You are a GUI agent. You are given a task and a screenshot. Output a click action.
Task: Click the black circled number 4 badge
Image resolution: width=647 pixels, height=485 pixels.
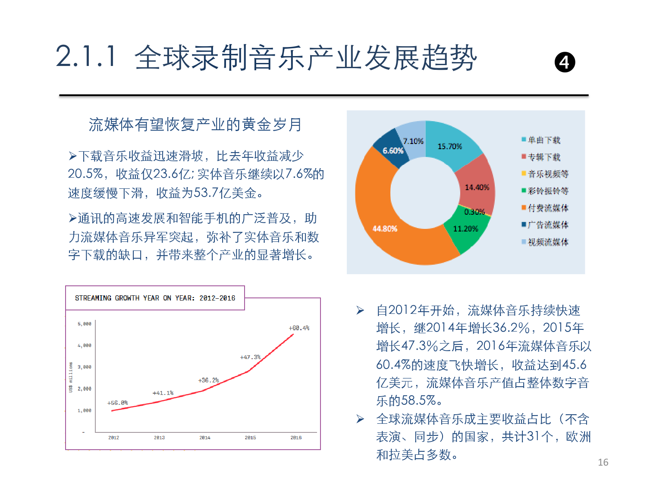point(565,63)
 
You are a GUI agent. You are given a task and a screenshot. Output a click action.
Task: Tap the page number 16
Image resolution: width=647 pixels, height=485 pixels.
point(603,463)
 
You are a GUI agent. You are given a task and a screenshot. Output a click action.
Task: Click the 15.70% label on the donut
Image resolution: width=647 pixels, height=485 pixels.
point(449,147)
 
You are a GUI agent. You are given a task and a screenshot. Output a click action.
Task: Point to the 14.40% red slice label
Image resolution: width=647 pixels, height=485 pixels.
point(477,187)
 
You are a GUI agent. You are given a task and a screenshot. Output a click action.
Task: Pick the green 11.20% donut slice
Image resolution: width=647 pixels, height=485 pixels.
point(465,229)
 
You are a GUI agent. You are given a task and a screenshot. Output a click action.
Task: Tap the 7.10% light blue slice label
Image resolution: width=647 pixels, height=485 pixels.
point(413,141)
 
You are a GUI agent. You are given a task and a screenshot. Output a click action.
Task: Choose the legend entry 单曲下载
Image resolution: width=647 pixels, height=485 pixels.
point(544,140)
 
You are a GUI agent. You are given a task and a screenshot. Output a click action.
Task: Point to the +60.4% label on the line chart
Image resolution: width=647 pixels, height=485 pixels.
point(299,328)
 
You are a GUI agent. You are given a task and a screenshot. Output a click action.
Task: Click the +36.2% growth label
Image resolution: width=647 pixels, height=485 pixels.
point(208,380)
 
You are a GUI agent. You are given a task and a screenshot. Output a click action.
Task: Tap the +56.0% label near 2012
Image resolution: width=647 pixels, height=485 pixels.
point(117,403)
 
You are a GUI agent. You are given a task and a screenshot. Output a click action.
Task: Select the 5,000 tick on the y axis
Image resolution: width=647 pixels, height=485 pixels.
point(85,324)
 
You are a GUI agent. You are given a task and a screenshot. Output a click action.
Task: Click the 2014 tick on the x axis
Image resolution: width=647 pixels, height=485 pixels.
point(205,438)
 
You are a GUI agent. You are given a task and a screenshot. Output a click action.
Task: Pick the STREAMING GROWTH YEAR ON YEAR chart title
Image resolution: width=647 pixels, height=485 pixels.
point(155,298)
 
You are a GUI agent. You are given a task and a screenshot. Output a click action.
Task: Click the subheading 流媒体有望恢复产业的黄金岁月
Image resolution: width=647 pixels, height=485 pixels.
point(195,125)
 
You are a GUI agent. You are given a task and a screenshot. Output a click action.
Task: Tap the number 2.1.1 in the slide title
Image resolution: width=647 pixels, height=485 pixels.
point(86,57)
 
